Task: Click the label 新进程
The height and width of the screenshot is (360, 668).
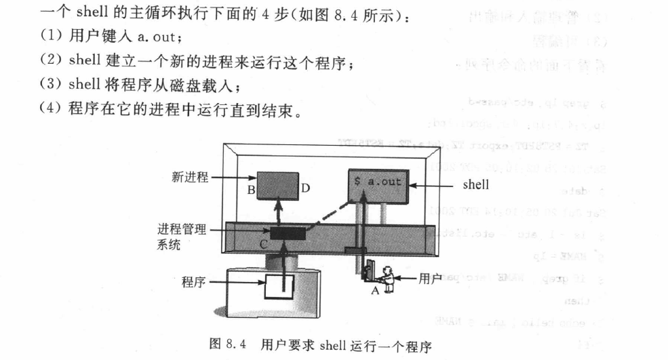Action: [188, 178]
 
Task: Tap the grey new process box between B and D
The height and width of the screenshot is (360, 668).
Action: [277, 182]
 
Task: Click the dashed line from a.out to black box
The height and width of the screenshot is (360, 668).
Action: [330, 213]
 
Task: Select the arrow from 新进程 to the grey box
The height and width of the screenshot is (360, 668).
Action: [231, 178]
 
